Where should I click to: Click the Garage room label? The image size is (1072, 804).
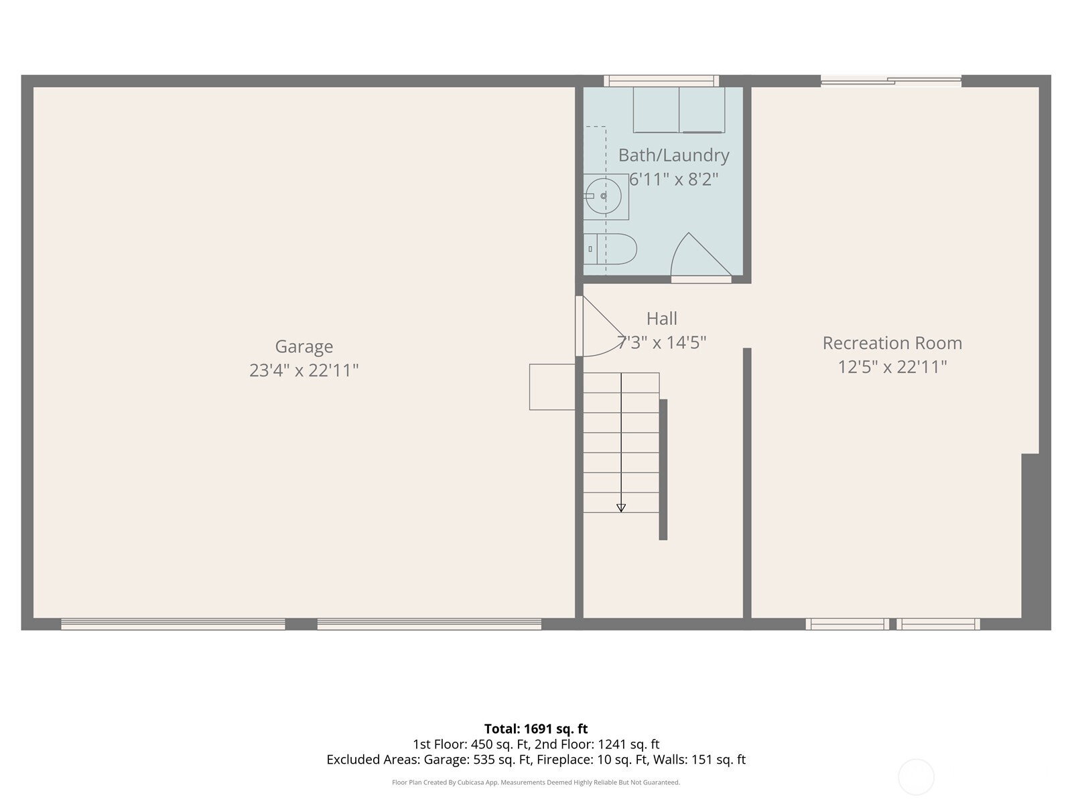click(x=304, y=346)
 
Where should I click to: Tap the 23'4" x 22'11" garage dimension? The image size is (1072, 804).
click(x=304, y=371)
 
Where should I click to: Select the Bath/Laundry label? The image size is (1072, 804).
click(x=673, y=155)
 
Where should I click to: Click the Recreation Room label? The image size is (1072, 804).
click(x=892, y=343)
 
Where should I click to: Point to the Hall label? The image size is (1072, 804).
click(x=661, y=318)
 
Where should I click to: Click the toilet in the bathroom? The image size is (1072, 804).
click(x=610, y=249)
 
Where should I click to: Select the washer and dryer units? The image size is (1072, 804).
click(x=679, y=110)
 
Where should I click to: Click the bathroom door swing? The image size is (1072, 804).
click(x=697, y=258)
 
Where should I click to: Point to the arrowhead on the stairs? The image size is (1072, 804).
click(x=621, y=508)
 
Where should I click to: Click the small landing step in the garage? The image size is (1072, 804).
click(x=552, y=387)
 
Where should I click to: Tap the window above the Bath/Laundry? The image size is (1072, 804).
click(x=661, y=81)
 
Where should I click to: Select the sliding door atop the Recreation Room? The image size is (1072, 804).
click(x=891, y=81)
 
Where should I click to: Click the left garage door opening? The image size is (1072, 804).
click(x=173, y=624)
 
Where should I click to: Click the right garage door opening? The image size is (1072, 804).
click(x=429, y=624)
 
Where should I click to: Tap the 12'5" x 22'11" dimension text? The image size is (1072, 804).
click(x=892, y=367)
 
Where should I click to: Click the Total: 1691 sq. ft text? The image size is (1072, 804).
click(x=535, y=729)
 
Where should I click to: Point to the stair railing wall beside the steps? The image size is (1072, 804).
click(x=663, y=469)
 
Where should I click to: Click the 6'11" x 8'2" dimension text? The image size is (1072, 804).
click(x=673, y=180)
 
